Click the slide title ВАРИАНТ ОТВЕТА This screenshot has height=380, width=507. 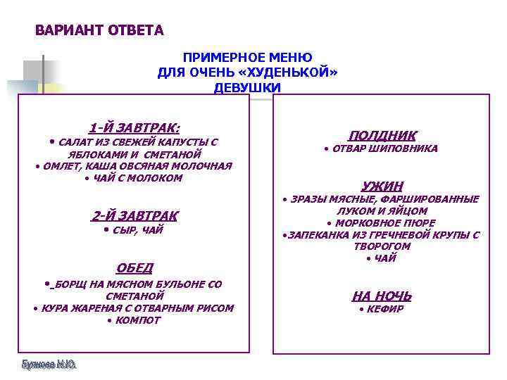(99, 31)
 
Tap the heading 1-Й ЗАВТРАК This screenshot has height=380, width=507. (134, 127)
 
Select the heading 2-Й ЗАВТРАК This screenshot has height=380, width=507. (134, 215)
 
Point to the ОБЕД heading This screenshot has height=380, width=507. (134, 267)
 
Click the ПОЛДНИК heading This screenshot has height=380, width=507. (382, 135)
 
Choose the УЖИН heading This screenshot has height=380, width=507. (382, 186)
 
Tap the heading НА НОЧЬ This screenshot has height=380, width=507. (382, 296)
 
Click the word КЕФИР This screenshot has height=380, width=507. (385, 310)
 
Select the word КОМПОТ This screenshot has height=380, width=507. (138, 320)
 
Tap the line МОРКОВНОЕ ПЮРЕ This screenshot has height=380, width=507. (385, 223)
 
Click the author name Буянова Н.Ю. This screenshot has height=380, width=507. (49, 365)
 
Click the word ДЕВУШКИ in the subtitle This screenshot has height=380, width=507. (248, 87)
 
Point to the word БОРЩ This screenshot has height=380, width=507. (70, 284)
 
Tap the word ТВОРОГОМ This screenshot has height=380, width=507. (382, 247)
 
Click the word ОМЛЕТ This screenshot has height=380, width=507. (61, 166)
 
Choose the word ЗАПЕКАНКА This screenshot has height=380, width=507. (316, 235)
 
